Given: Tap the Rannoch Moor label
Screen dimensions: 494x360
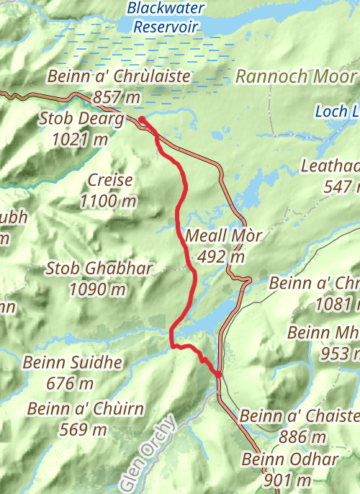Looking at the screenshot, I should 295,76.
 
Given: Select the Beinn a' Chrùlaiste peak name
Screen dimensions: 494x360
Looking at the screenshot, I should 119,76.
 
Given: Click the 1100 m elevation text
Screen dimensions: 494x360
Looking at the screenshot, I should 109,201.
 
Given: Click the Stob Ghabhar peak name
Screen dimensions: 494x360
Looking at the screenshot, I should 99,269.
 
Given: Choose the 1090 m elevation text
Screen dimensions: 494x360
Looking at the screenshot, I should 98,289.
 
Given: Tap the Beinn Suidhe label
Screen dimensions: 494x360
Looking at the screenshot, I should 72,362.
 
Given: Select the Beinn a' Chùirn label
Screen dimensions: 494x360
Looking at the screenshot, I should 86,410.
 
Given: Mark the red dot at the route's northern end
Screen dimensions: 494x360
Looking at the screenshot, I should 143,120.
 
